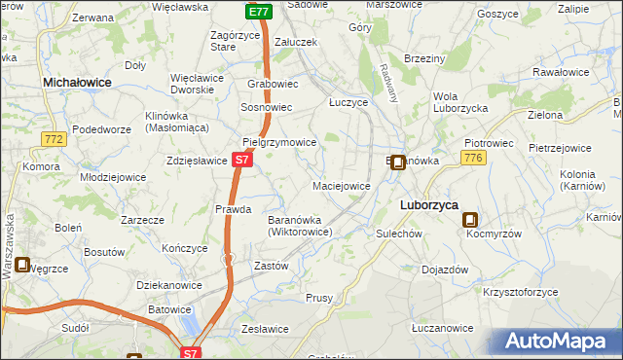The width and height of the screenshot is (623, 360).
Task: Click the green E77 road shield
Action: click(x=257, y=12)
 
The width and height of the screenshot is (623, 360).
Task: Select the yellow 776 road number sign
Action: click(x=474, y=158)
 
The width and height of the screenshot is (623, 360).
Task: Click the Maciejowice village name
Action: click(x=341, y=185)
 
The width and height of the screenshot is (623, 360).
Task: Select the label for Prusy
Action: click(x=319, y=298)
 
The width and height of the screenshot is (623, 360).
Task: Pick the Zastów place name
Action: click(x=271, y=266)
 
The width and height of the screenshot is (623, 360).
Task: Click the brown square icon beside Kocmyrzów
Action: click(x=470, y=221)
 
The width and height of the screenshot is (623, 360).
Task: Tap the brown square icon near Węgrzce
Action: click(x=22, y=264)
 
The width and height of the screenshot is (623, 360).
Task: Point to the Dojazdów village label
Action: click(x=445, y=270)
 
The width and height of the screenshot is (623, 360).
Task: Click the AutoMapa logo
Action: click(x=560, y=341)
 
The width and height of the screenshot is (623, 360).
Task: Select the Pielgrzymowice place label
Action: click(x=279, y=142)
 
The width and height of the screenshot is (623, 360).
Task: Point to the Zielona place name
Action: click(x=545, y=115)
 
